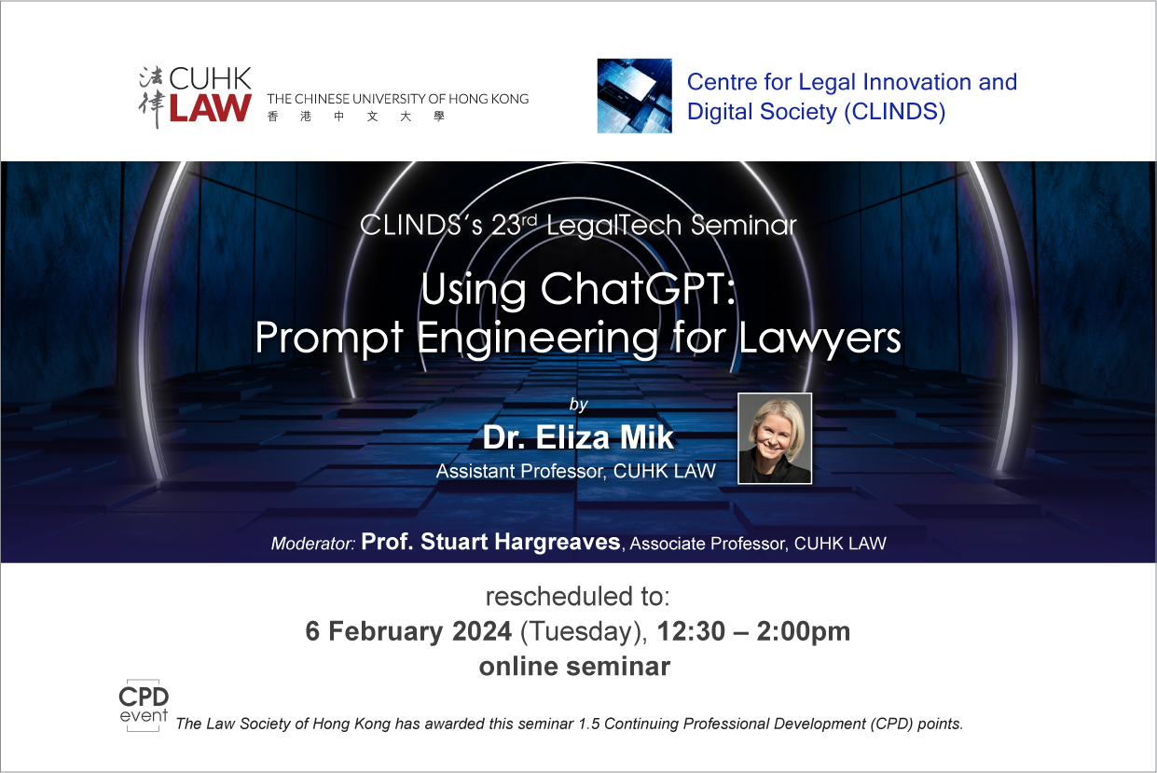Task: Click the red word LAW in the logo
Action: point(210,108)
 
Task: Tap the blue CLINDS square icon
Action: point(634,96)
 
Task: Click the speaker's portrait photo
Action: point(774,438)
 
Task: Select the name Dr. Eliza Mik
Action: point(578,437)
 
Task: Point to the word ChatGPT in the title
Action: point(638,288)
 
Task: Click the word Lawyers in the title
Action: point(820,338)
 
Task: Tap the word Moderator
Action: point(313,543)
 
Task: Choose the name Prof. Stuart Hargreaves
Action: point(490,542)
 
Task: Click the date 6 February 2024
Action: point(408,631)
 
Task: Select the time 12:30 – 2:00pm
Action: point(753,631)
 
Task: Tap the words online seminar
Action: point(574,666)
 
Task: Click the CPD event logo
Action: point(144,705)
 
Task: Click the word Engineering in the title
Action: point(537,338)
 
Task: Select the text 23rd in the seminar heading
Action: point(514,224)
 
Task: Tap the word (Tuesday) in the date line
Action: point(584,632)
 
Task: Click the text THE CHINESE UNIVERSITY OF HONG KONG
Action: point(398,99)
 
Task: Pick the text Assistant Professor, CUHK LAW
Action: point(576,471)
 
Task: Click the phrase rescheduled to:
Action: point(577,596)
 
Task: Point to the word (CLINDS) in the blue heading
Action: point(895,112)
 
